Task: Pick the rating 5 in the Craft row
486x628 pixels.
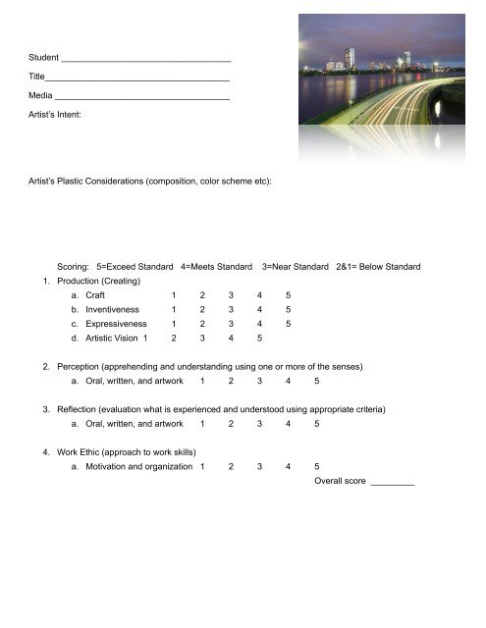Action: pos(288,294)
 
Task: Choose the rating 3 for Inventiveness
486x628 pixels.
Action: pos(231,309)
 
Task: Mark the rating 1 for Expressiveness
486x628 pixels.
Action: pos(174,323)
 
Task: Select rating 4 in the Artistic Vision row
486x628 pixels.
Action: pos(230,338)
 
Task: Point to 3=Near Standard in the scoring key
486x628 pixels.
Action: pos(295,267)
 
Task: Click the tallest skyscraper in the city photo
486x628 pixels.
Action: pos(350,58)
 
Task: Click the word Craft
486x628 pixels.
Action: pos(95,294)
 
